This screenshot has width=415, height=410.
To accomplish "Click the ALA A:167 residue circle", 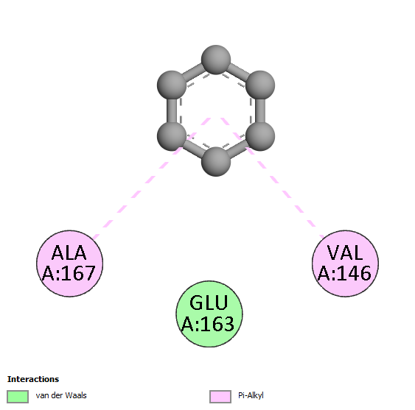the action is tap(69, 264).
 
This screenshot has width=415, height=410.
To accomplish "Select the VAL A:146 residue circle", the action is tap(346, 264).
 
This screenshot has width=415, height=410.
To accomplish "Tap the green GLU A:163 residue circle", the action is tap(209, 314).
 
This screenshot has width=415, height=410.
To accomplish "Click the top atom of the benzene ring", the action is tap(216, 60).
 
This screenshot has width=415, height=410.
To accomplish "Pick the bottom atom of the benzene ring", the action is tap(216, 161).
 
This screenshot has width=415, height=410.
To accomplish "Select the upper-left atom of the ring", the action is tap(172, 85).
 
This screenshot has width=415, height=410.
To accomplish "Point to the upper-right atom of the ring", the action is tap(260, 85).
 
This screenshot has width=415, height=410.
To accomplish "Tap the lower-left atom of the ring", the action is tap(172, 136).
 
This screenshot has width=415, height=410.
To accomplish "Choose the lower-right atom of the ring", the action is tap(260, 136).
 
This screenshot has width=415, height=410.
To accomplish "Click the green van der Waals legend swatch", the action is tap(18, 397).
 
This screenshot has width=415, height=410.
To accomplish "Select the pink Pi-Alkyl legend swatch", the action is tap(220, 397).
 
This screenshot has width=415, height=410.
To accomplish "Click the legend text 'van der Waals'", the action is tap(61, 395).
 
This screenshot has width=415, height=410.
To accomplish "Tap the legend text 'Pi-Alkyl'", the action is tap(251, 396).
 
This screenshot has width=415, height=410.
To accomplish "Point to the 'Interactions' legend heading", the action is tap(33, 379).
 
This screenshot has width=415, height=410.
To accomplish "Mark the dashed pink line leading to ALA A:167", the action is tap(152, 178).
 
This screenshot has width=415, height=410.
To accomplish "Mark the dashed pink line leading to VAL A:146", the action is tap(273, 178).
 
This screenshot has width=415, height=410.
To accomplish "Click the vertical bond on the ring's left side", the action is tap(172, 110).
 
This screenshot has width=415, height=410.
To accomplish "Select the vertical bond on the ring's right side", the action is tap(260, 110).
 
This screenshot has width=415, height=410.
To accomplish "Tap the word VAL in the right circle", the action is tap(345, 252).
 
